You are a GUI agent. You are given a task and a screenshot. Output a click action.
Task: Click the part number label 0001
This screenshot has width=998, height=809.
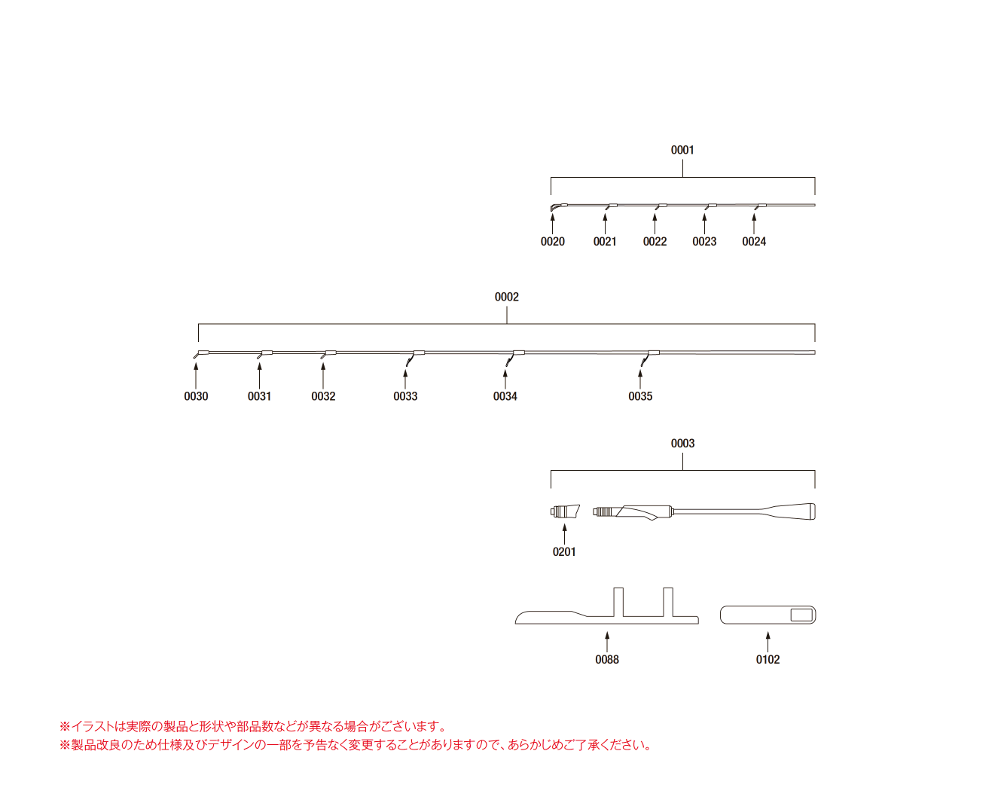click(x=682, y=150)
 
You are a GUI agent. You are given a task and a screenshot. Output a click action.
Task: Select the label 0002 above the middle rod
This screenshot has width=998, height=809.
click(x=506, y=297)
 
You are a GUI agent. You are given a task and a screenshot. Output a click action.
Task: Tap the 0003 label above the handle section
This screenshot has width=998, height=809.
click(x=682, y=443)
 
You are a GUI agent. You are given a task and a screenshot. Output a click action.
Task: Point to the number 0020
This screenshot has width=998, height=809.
click(x=552, y=241)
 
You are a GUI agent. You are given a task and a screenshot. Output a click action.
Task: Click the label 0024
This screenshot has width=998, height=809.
click(x=753, y=241)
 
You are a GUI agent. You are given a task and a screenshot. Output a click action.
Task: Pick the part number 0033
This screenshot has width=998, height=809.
click(x=405, y=396)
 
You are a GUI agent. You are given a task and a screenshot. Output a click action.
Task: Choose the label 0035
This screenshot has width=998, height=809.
click(x=640, y=396)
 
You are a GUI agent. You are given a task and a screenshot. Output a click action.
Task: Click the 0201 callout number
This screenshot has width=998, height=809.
click(x=564, y=552)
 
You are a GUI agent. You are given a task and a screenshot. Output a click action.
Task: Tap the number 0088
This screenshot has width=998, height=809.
click(x=607, y=660)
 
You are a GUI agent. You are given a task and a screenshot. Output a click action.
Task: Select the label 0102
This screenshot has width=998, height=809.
click(x=768, y=660)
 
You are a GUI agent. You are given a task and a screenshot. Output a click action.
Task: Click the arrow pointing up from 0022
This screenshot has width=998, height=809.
click(x=655, y=224)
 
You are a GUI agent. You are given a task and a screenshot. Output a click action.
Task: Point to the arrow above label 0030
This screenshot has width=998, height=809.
click(x=196, y=376)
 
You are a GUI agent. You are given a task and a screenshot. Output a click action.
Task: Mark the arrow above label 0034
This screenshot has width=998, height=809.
click(x=505, y=380)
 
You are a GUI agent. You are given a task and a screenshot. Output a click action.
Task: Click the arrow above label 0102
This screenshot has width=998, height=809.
click(x=768, y=643)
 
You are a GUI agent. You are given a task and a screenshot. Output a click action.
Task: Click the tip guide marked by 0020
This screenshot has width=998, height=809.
click(x=557, y=206)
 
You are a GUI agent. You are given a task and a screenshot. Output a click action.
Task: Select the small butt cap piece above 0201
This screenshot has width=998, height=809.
click(x=565, y=511)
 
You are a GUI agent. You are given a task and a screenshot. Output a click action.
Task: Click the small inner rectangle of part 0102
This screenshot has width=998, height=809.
click(x=801, y=615)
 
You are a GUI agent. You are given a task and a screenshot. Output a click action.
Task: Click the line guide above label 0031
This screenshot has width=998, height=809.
click(x=264, y=355)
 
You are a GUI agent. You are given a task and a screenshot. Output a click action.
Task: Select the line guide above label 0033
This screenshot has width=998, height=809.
click(x=415, y=358)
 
